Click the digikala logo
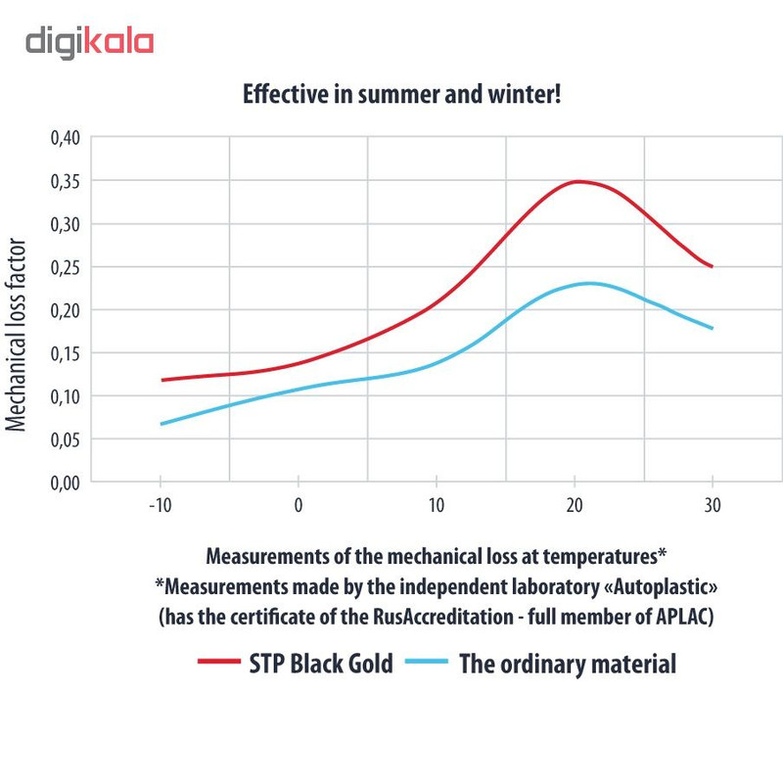tap(89, 42)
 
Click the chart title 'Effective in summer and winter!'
tap(401, 96)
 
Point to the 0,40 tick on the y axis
tap(64, 138)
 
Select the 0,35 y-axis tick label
tap(64, 181)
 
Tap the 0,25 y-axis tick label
tap(64, 267)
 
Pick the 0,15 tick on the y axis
tap(64, 353)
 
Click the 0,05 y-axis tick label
tap(64, 439)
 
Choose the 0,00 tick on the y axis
tap(64, 483)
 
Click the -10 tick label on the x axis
tap(160, 506)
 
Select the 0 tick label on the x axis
tap(299, 506)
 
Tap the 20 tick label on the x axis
tap(576, 506)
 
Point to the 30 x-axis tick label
tap(714, 506)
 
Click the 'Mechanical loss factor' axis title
tap(17, 334)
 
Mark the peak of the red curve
tap(578, 181)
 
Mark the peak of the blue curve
tap(589, 283)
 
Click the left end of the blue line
tap(161, 424)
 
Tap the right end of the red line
tap(713, 266)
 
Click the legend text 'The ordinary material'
tap(568, 664)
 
